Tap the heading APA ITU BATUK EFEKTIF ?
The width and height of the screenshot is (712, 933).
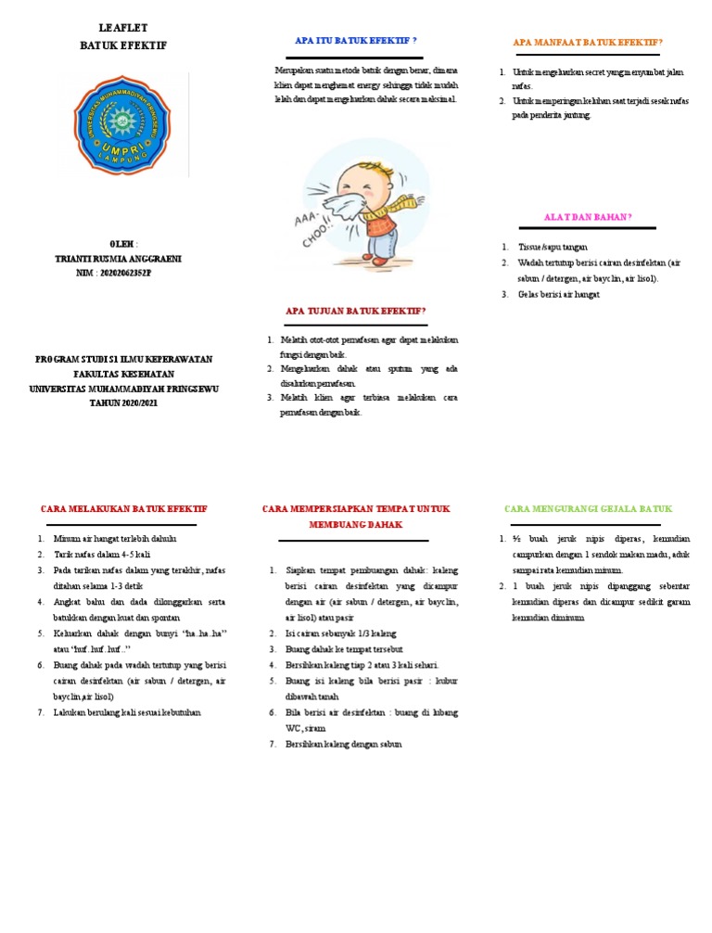click(x=355, y=42)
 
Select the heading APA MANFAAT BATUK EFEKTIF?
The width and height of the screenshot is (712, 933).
click(x=588, y=43)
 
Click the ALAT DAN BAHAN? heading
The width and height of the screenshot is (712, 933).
click(x=587, y=216)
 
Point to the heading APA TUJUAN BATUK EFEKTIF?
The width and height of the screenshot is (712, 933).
click(x=355, y=311)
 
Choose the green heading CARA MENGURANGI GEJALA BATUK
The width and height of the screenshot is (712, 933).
click(x=587, y=509)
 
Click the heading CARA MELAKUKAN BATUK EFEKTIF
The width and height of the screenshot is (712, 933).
click(x=124, y=509)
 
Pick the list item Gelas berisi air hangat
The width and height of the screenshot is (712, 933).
click(x=559, y=294)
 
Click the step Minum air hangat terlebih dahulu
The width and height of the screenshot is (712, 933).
click(x=115, y=539)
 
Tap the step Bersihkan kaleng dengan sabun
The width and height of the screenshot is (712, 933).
click(x=344, y=744)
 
